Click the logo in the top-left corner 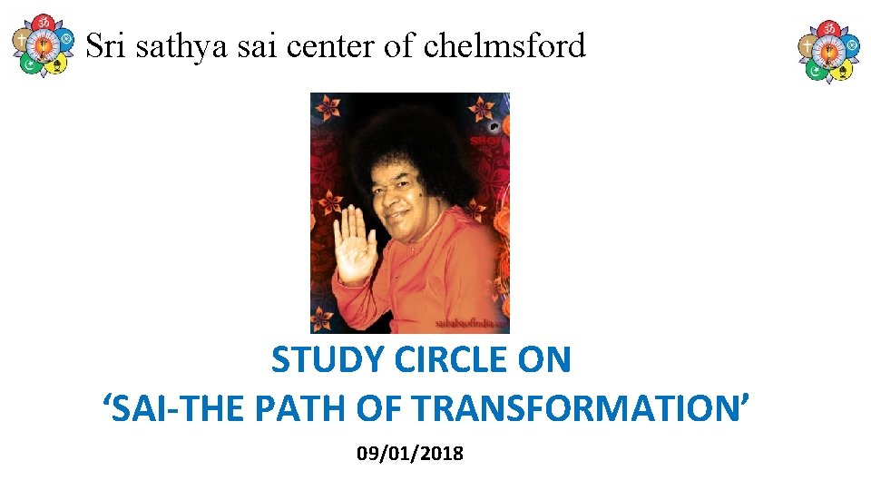click(x=41, y=45)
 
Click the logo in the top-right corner click(x=828, y=51)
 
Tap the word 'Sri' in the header click(x=105, y=45)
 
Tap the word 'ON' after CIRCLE click(x=544, y=361)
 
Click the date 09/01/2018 click(x=410, y=453)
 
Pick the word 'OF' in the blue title click(x=380, y=408)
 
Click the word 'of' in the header click(x=397, y=45)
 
